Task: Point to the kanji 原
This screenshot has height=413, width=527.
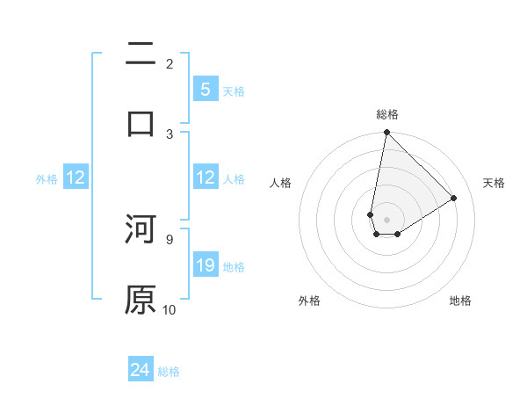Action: pos(141,300)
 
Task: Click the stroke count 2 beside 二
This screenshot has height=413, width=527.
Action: pos(170,63)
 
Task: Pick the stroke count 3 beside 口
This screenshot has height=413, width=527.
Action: pos(170,134)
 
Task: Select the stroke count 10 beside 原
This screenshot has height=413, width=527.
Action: pos(170,309)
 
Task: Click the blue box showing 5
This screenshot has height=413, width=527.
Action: pos(205,89)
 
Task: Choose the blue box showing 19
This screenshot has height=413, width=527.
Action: pos(205,264)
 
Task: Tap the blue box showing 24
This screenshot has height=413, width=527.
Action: pos(140,370)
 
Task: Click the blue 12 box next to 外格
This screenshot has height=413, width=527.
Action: pos(75,178)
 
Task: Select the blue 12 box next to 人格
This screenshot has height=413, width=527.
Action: pos(205,178)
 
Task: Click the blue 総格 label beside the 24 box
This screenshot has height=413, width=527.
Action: pos(169,372)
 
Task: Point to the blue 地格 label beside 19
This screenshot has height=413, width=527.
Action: pos(234,266)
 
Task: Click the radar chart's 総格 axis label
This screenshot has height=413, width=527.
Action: pos(386,115)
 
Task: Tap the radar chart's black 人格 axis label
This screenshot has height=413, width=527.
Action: pos(281,183)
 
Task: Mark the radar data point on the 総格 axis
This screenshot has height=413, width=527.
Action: pos(386,133)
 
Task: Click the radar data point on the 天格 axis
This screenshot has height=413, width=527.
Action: pos(454,199)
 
